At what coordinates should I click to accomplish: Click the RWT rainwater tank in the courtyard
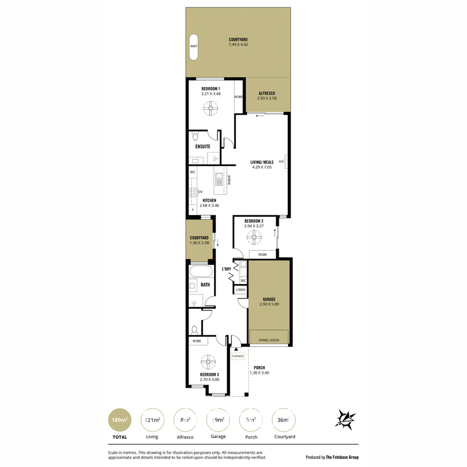tap(193, 47)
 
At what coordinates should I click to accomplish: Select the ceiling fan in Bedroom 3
tap(208, 362)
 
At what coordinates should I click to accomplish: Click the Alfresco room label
tap(267, 93)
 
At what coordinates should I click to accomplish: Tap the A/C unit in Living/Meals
tap(285, 161)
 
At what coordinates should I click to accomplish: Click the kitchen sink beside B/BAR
tap(219, 178)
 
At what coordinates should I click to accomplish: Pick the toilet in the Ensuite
tap(195, 137)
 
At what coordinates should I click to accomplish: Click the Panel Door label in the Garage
tap(269, 340)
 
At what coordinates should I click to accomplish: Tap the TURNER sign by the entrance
tap(238, 356)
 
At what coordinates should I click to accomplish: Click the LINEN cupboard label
tap(240, 290)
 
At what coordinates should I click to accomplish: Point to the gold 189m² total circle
tap(120, 420)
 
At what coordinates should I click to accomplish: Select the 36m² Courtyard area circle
tap(284, 420)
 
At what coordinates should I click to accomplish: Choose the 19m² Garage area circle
tap(218, 420)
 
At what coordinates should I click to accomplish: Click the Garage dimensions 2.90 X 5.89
tap(269, 304)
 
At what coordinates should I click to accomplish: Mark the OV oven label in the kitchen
tap(200, 192)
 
